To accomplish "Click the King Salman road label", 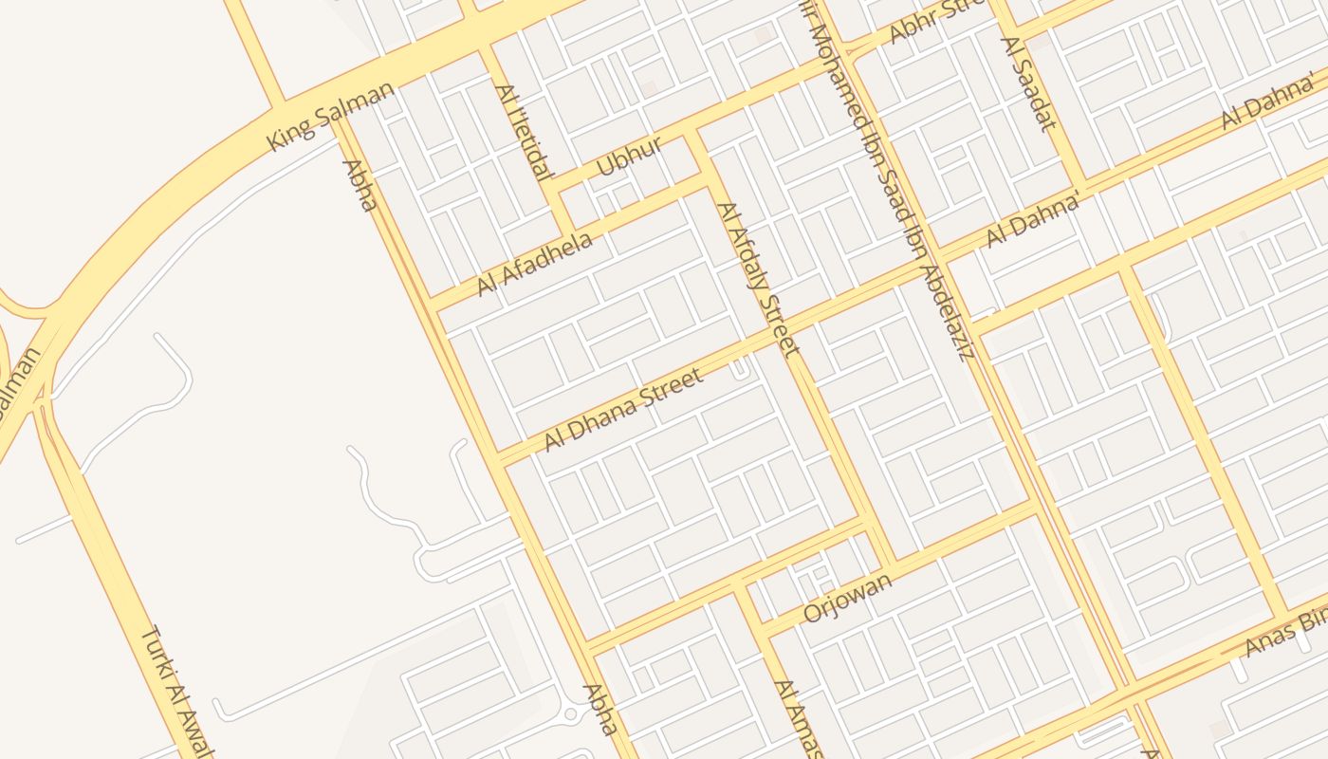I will [x=331, y=116].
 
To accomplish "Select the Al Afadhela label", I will [x=534, y=263].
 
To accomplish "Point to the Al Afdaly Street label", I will [x=758, y=279].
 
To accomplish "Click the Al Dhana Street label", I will [x=623, y=409].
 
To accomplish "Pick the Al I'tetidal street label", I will [x=523, y=132].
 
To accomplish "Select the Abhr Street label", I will [x=926, y=23].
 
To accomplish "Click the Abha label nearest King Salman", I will [x=360, y=185].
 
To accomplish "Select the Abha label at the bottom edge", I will [x=600, y=710].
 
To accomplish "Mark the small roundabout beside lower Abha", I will [x=571, y=713].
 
